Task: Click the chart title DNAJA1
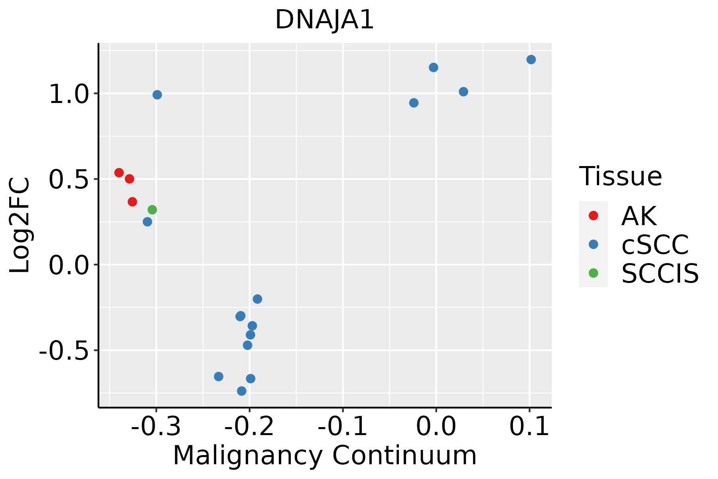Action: point(324,20)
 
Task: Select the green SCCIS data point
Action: point(152,210)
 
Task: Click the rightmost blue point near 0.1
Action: point(531,59)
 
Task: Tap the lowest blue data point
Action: point(241,391)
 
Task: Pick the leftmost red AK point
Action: point(119,172)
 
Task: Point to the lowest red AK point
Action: point(132,202)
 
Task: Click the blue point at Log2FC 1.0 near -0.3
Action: point(157,95)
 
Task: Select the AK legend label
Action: point(639,216)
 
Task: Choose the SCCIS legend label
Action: point(660,273)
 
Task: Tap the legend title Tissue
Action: point(620,176)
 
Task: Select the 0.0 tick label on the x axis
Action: point(436,427)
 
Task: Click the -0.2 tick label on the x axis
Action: point(249,427)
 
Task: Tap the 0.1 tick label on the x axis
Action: point(529,427)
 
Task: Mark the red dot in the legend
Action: point(593,216)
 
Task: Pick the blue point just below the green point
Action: point(147,222)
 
